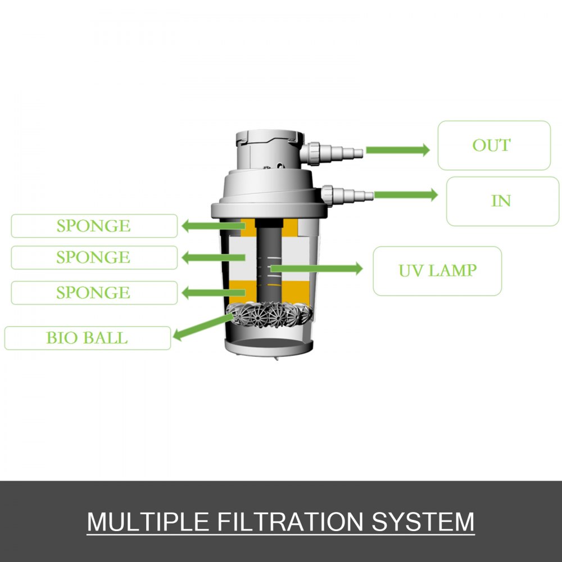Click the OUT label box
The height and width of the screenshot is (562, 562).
coord(494,145)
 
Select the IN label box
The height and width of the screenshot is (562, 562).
coord(502,201)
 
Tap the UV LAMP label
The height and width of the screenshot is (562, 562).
coord(437,270)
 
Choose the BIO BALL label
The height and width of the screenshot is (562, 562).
coord(87,338)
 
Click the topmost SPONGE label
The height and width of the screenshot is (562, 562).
coord(94,226)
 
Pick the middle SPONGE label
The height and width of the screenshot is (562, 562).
coord(94,257)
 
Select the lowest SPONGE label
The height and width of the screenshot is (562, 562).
coord(94,293)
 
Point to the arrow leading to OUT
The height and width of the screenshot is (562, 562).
coord(397,150)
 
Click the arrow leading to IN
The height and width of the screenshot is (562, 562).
coord(405,195)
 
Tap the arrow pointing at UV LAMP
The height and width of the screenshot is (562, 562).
coord(318,269)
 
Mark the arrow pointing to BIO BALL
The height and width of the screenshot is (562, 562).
coord(202,329)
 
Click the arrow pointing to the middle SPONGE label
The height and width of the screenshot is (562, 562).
coord(212,258)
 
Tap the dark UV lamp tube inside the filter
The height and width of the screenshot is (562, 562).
coord(267,264)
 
